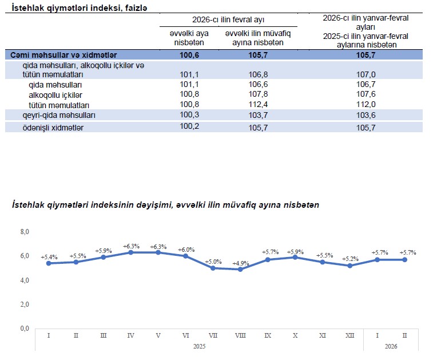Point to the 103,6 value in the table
click(x=366, y=116)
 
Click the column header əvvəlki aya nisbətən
click(x=192, y=38)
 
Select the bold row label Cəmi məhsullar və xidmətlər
click(x=63, y=55)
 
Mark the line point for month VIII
click(x=240, y=269)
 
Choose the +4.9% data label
click(x=240, y=263)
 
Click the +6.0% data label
click(x=186, y=250)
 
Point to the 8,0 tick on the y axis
click(x=25, y=232)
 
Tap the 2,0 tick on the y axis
click(x=25, y=304)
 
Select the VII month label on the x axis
click(x=213, y=334)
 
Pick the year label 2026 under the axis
click(x=391, y=346)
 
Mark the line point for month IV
click(x=131, y=252)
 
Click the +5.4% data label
click(x=49, y=257)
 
